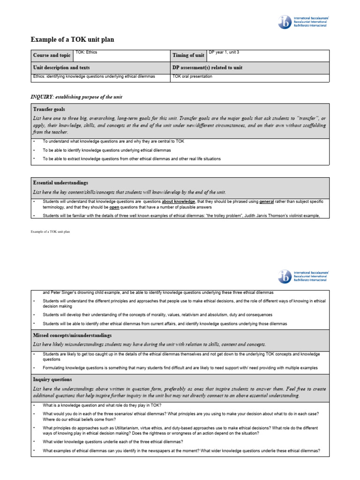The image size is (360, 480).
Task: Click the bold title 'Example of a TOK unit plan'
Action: click(72, 40)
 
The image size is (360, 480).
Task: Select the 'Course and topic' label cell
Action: click(52, 55)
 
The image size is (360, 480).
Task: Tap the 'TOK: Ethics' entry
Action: click(86, 52)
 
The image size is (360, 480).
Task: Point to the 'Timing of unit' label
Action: click(188, 55)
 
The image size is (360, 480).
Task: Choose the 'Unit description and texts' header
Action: click(61, 68)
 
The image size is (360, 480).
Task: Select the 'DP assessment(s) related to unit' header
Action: click(207, 68)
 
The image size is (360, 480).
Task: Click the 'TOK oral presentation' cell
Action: click(192, 76)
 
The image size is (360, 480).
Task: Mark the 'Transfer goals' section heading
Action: click(49, 109)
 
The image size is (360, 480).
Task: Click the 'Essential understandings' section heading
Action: click(60, 182)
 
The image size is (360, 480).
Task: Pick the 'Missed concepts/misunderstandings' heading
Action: click(72, 336)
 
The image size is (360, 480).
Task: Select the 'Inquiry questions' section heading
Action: click(52, 379)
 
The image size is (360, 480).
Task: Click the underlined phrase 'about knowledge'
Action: click(179, 202)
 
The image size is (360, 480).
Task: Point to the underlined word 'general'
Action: click(267, 202)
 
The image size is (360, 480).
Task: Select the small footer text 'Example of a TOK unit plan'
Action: click(50, 232)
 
